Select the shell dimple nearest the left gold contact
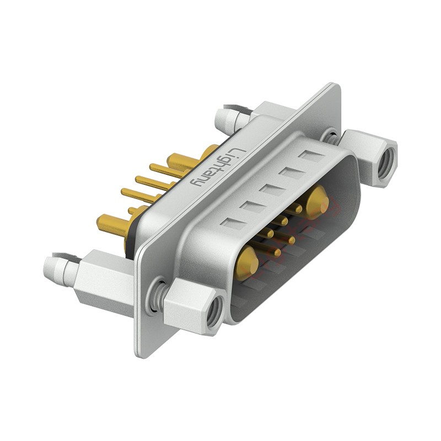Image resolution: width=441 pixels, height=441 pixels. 230,224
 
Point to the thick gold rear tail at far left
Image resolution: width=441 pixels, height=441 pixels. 109,223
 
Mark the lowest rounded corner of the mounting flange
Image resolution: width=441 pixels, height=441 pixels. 141,353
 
